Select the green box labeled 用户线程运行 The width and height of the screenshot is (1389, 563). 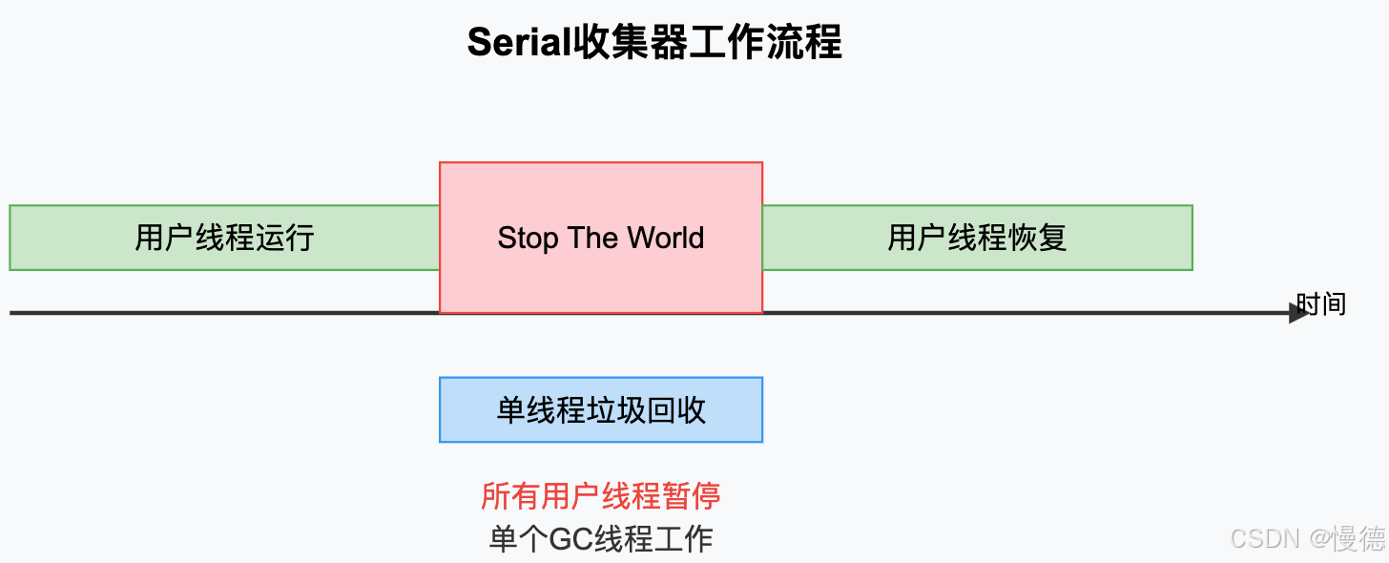tap(224, 238)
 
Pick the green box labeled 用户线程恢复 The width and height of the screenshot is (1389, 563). tap(977, 238)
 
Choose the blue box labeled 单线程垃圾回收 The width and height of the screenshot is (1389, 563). tap(601, 410)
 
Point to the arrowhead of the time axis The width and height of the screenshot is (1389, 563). tap(1299, 312)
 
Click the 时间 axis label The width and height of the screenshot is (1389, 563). tap(1321, 303)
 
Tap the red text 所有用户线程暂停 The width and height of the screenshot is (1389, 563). tap(601, 496)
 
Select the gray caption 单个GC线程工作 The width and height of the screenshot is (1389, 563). tap(601, 539)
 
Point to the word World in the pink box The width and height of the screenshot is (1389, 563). tap(666, 238)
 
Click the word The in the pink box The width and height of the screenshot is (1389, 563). tap(593, 238)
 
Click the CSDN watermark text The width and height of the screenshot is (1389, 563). tap(1265, 539)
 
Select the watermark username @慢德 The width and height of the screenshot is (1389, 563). tap(1347, 539)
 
